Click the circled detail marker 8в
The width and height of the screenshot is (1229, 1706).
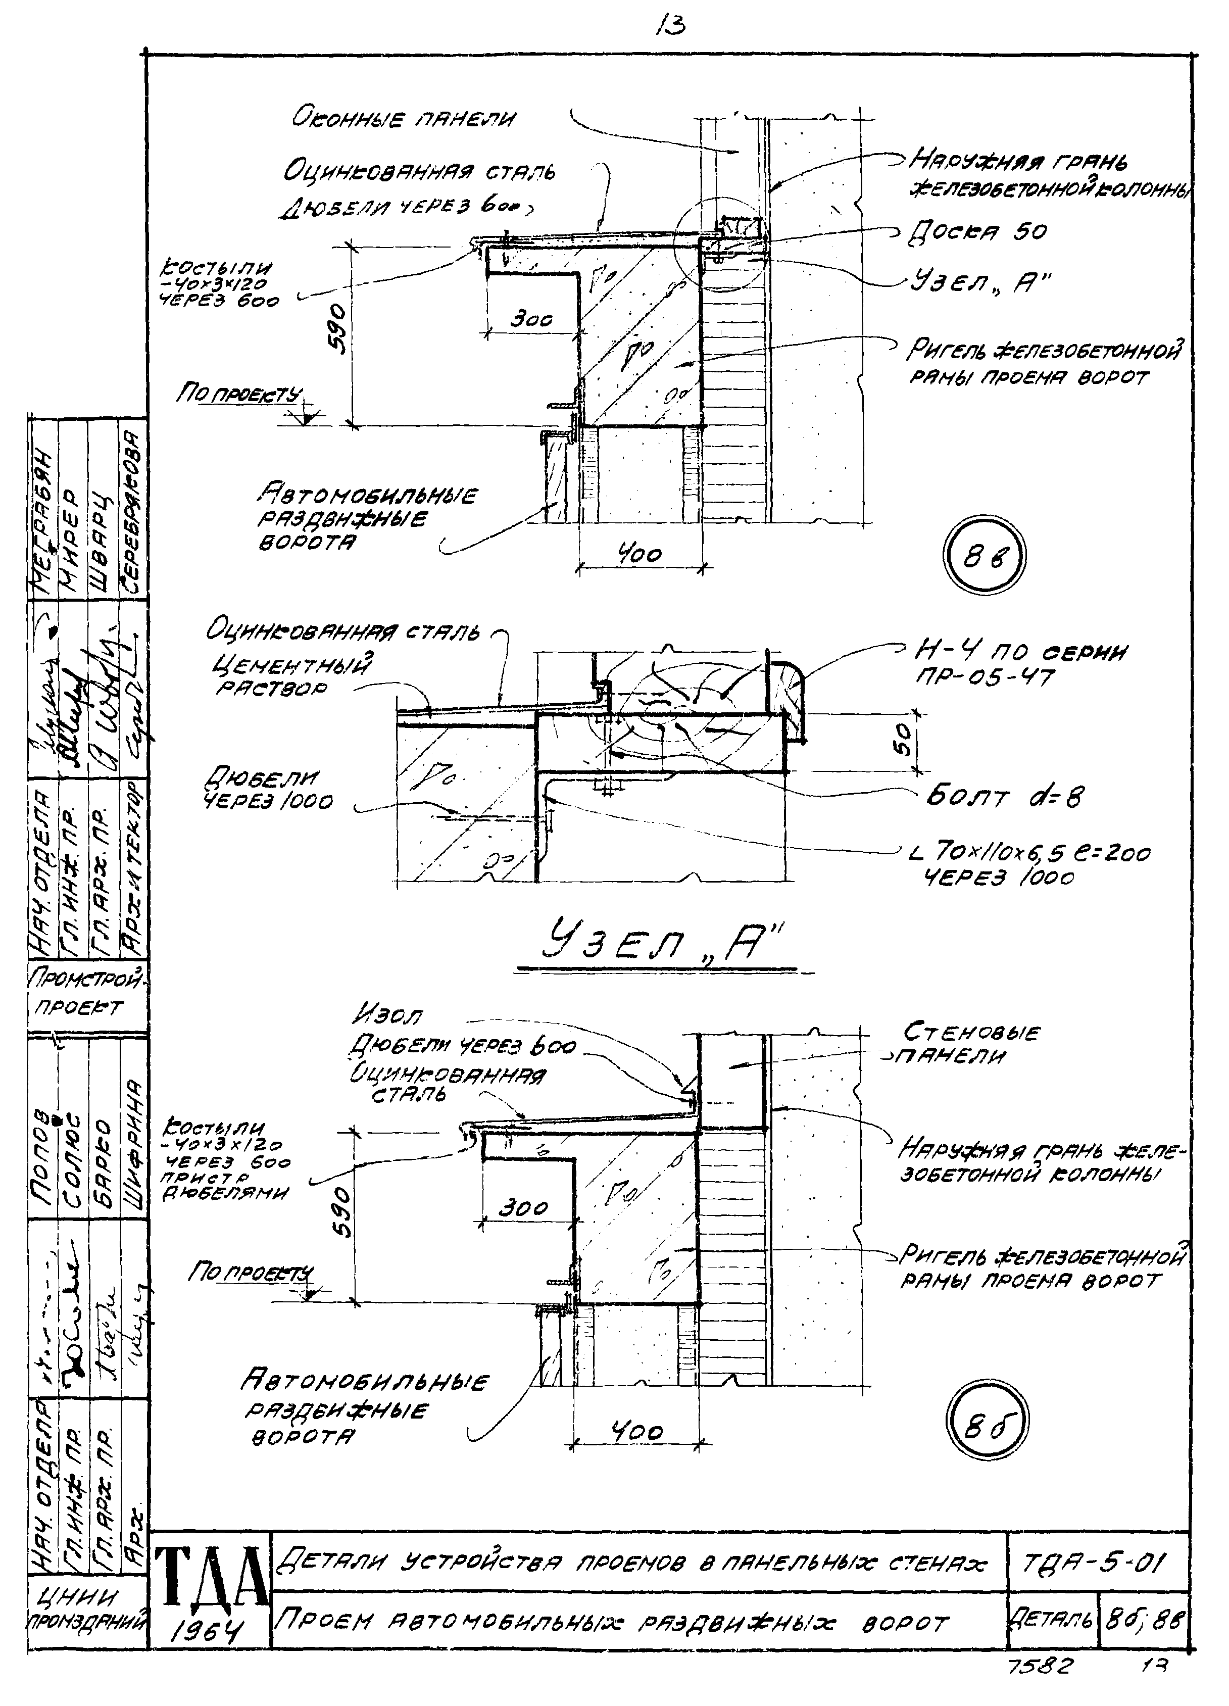pos(984,557)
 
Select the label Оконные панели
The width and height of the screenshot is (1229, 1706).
pos(405,119)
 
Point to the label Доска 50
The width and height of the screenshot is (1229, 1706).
pos(978,231)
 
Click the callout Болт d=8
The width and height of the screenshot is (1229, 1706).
pos(1005,797)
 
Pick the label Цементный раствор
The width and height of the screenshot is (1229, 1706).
pos(293,675)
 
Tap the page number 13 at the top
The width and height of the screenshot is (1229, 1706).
pos(670,27)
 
